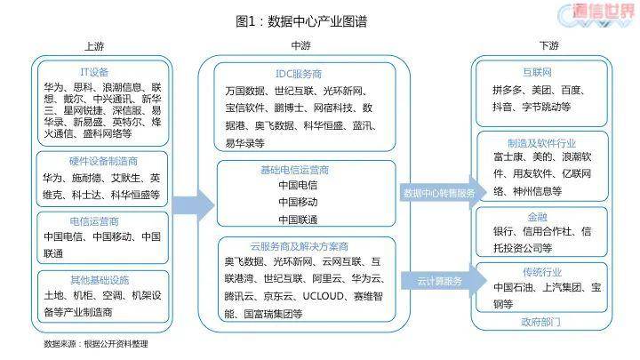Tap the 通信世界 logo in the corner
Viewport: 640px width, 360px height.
(x=595, y=16)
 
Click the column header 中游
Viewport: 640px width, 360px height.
(x=301, y=45)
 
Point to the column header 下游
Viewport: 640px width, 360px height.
(x=548, y=45)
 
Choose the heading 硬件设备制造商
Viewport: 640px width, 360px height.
(x=103, y=161)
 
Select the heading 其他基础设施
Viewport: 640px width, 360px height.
(x=98, y=280)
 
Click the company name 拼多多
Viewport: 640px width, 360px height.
(x=510, y=89)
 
